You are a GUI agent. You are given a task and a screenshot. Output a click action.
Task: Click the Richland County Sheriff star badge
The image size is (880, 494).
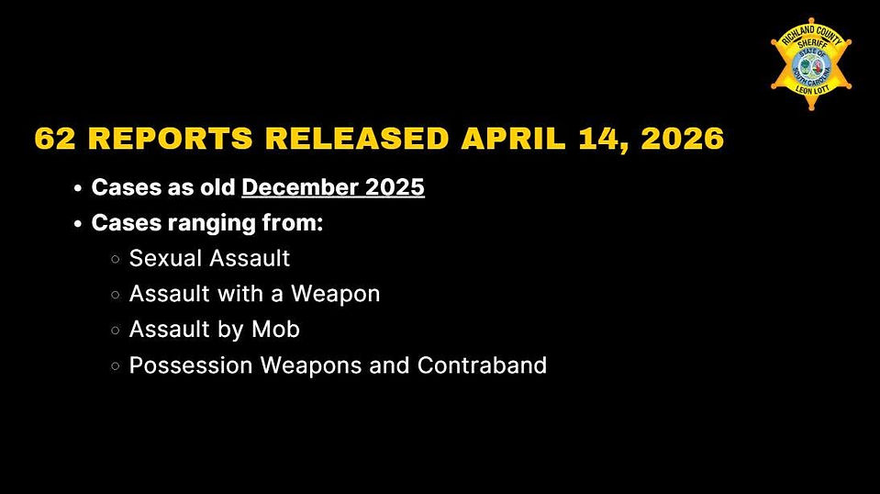click(811, 64)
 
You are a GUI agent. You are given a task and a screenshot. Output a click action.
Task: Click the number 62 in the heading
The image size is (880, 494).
click(55, 139)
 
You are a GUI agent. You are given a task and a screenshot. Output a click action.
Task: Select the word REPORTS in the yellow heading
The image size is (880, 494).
click(171, 139)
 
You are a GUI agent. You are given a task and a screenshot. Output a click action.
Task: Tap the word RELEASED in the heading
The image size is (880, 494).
click(357, 139)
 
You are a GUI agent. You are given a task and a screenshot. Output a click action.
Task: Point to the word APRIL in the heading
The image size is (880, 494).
click(513, 139)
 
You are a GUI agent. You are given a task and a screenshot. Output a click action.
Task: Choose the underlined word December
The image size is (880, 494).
click(300, 187)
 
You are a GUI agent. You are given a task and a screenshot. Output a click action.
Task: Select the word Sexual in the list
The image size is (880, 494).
click(166, 258)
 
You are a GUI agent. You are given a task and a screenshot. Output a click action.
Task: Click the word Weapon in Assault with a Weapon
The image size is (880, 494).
click(335, 294)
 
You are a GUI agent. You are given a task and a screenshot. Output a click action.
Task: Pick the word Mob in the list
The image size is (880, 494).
click(275, 329)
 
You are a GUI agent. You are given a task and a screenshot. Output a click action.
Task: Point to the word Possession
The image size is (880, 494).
click(191, 365)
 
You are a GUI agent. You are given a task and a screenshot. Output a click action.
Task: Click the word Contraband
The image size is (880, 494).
click(482, 365)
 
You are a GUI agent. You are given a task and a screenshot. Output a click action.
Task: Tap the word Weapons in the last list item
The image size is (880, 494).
click(311, 365)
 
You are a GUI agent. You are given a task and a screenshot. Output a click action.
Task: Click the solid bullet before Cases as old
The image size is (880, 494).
click(78, 188)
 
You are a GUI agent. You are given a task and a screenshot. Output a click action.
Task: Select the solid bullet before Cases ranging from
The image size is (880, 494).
click(78, 223)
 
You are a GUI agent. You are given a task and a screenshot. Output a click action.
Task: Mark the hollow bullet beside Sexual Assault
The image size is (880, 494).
click(116, 259)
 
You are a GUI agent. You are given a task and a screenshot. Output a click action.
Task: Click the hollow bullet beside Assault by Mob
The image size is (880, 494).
click(116, 330)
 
